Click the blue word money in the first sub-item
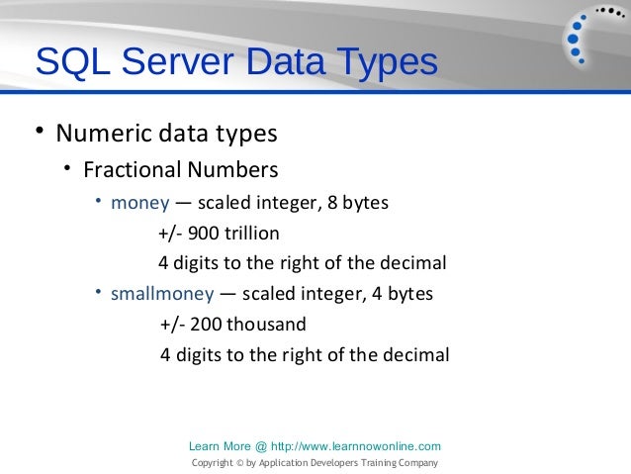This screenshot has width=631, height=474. tap(139, 204)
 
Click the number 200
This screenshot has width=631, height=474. tap(204, 325)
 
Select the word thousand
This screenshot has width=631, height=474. tap(267, 325)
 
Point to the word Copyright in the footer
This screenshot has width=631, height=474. tap(211, 462)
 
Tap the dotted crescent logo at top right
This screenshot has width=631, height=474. tap(589, 37)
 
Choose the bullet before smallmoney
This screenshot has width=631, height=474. tap(100, 293)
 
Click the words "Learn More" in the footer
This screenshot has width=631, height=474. tap(210, 446)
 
